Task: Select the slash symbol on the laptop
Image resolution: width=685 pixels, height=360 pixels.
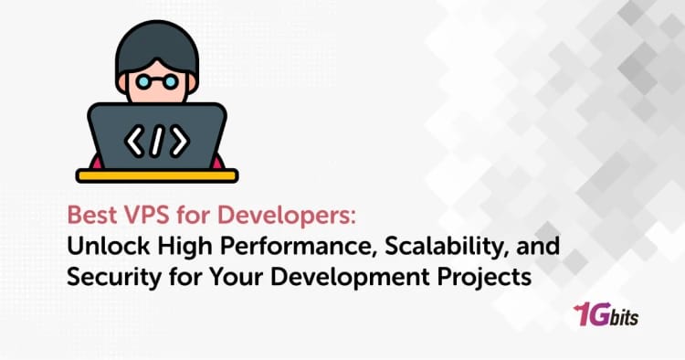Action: [x=157, y=140]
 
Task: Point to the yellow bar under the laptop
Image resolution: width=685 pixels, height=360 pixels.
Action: [x=156, y=174]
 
